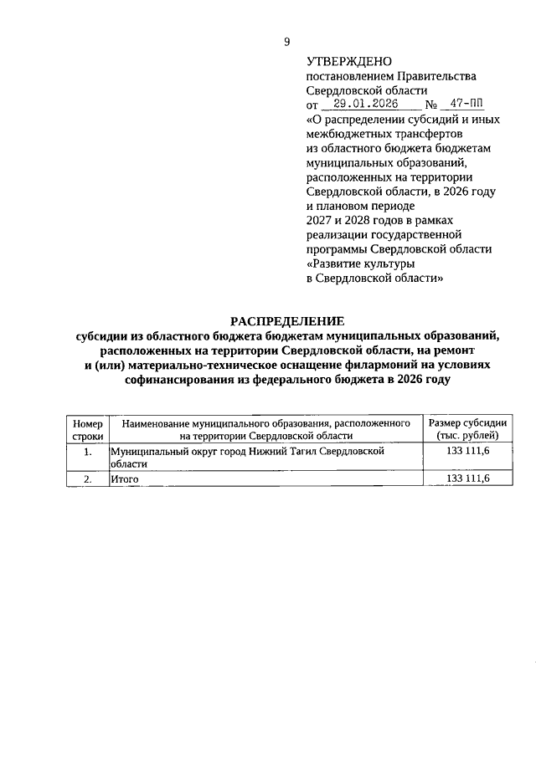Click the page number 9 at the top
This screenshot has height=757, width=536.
point(286,42)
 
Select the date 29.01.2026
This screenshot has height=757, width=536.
point(365,105)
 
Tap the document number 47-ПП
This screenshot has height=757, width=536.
point(466,105)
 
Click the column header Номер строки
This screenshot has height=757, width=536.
point(87,430)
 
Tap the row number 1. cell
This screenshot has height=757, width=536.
point(87,452)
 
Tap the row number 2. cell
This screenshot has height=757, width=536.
point(87,478)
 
